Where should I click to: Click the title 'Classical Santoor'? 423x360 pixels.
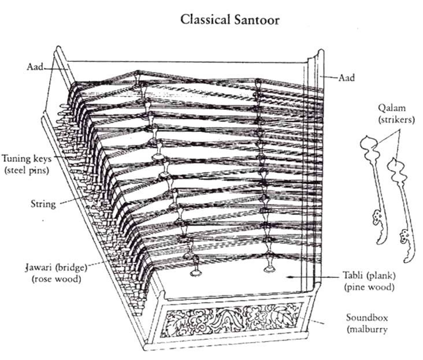pos(230,20)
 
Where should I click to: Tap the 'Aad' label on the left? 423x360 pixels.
pos(36,67)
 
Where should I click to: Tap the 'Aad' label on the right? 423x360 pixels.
pos(347,77)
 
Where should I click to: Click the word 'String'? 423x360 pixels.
pos(43,204)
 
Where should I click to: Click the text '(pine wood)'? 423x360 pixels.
pos(370,287)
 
